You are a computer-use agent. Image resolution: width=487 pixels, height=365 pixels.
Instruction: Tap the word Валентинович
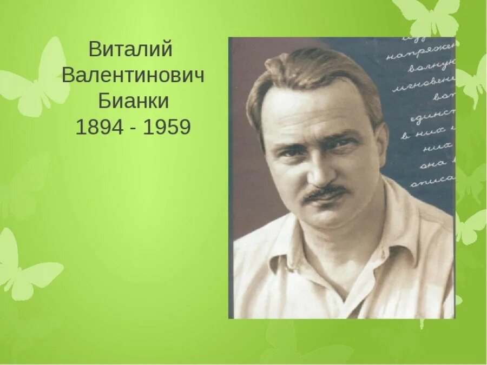pyautogui.click(x=133, y=76)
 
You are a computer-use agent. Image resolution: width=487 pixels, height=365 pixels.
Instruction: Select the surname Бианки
pyautogui.click(x=133, y=101)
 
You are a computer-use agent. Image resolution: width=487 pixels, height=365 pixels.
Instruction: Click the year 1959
pyautogui.click(x=167, y=128)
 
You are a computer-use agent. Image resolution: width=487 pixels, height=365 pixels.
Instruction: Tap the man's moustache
pyautogui.click(x=325, y=193)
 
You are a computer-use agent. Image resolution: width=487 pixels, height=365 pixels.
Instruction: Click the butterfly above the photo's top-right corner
pyautogui.click(x=430, y=16)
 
